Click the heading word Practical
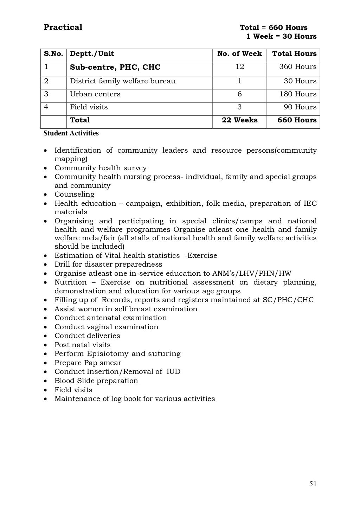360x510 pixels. click(x=63, y=27)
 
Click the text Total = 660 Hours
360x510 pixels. click(x=274, y=28)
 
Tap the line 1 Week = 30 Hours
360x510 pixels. click(x=281, y=37)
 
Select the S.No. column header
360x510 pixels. click(x=53, y=54)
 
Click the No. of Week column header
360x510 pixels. click(x=239, y=54)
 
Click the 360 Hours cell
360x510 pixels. click(x=297, y=67)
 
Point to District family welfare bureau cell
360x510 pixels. click(x=123, y=81)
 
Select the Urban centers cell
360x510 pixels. click(x=95, y=94)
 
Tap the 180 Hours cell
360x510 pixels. click(x=297, y=94)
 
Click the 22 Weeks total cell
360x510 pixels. click(x=239, y=120)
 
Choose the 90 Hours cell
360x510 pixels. click(x=300, y=107)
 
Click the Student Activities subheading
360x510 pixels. click(x=71, y=133)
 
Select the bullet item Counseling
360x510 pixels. click(x=74, y=195)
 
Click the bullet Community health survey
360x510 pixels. click(x=100, y=168)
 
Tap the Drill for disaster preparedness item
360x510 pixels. click(x=108, y=264)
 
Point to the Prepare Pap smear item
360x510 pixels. click(x=88, y=363)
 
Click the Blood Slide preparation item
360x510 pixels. click(x=96, y=381)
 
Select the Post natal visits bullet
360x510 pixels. click(x=82, y=345)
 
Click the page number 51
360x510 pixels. click(x=313, y=484)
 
